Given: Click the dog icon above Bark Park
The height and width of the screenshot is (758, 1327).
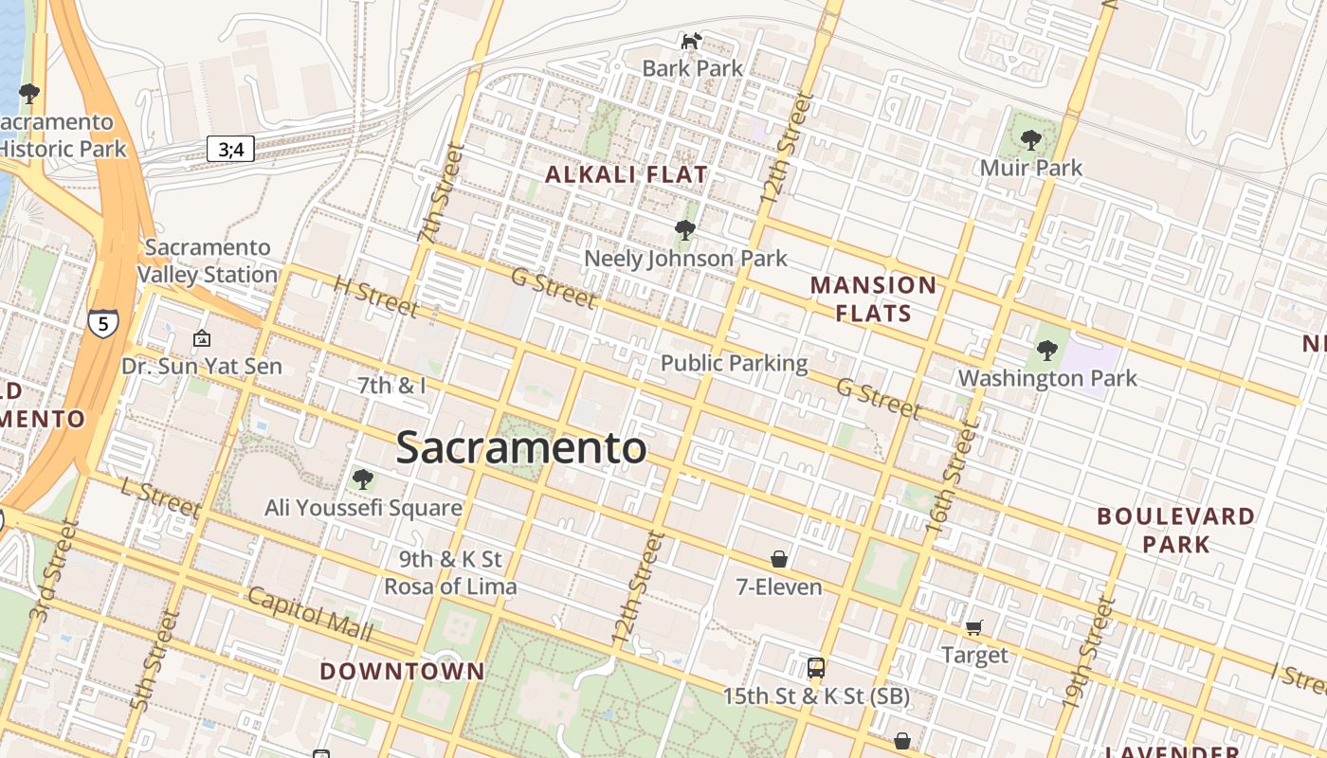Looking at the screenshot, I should (692, 41).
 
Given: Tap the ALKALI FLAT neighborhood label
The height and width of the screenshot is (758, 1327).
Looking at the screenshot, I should (627, 174).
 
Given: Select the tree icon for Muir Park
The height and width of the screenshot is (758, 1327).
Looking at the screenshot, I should (1030, 140).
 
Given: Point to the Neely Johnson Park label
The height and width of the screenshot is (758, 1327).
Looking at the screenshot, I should (685, 258).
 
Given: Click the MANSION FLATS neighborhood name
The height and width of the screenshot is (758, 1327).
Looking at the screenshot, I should (873, 298).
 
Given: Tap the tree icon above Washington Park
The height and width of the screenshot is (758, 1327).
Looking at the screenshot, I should (1046, 351).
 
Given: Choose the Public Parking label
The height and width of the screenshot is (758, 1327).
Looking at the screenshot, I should (734, 363).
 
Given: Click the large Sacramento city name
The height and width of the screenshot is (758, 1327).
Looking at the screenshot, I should (521, 447).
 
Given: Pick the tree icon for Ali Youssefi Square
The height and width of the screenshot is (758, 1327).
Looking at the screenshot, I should (362, 479).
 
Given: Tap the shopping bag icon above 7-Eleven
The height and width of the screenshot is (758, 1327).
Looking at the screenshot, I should (779, 559).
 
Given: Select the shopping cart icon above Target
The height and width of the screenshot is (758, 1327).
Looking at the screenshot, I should (973, 627).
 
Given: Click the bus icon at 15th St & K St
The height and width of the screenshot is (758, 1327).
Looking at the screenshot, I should (815, 668).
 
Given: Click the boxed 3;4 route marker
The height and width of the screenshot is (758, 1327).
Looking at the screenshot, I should (230, 149).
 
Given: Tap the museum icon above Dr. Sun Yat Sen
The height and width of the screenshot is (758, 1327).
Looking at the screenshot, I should (202, 338).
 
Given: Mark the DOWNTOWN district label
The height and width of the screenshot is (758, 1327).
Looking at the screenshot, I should (402, 672).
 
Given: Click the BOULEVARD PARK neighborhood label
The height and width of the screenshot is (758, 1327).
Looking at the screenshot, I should (1175, 530).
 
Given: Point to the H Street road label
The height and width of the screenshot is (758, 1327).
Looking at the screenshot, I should (375, 297).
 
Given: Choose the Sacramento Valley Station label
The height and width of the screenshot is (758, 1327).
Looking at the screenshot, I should (208, 261).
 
